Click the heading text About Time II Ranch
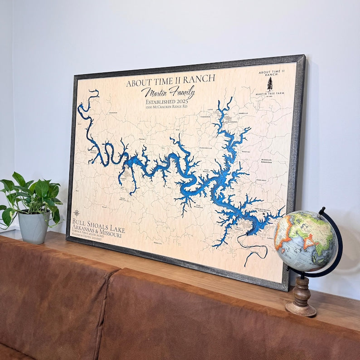[x=170, y=81]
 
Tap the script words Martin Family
[x=168, y=92]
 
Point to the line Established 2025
[x=166, y=102]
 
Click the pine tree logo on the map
[x=270, y=83]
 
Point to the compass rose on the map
[x=77, y=213]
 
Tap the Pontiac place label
[x=246, y=151]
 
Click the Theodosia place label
[x=205, y=117]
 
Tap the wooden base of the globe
[x=301, y=299]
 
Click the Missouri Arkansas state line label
[x=266, y=162]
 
